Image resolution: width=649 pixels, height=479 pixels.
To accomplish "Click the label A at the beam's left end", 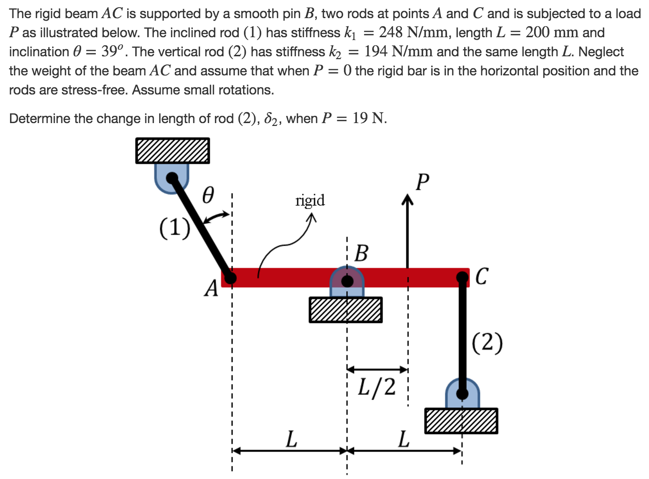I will (x=211, y=288).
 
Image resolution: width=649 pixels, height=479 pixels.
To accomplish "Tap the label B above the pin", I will (x=361, y=253).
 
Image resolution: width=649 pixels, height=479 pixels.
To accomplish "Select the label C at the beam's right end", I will (x=481, y=276).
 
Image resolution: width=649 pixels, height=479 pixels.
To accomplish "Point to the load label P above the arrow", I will (x=422, y=182).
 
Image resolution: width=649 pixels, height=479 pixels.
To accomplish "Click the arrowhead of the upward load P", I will (x=407, y=199).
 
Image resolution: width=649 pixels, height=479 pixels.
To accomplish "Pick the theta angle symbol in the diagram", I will (x=208, y=195).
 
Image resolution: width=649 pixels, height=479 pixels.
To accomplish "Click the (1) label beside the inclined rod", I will (x=174, y=227).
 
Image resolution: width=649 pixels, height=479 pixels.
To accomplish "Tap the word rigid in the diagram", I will (x=310, y=200).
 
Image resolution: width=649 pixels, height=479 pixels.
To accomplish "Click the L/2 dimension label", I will (x=376, y=387).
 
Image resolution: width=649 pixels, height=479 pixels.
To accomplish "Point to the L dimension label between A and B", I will (x=291, y=438).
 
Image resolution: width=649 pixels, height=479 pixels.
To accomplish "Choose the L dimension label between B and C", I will (x=404, y=438).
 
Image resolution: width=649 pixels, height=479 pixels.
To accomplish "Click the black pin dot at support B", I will (x=347, y=281).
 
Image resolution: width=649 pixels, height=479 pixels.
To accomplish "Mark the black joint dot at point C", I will (x=462, y=277).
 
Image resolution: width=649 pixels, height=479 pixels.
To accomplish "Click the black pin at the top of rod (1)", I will (x=172, y=178).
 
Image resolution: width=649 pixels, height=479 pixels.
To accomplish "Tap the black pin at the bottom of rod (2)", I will (x=462, y=394).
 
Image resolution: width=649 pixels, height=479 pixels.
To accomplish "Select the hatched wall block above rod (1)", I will (x=172, y=151).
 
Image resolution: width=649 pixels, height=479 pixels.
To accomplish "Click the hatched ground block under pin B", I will (x=345, y=310).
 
